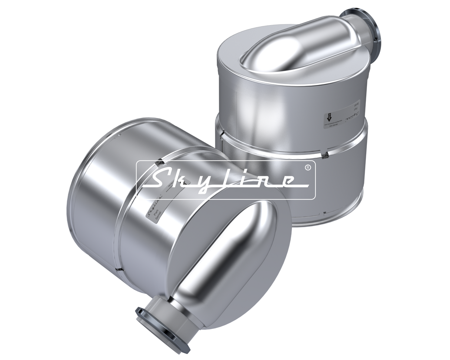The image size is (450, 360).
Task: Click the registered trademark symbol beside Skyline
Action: [x=308, y=168]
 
